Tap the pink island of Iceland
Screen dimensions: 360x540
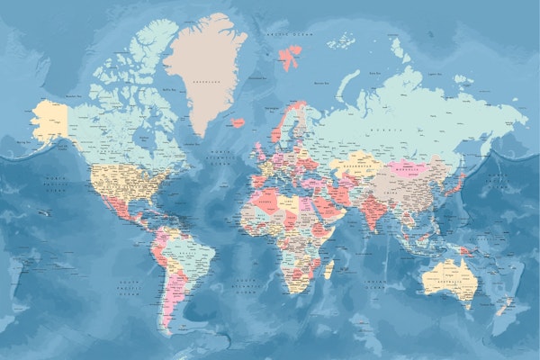238,122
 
